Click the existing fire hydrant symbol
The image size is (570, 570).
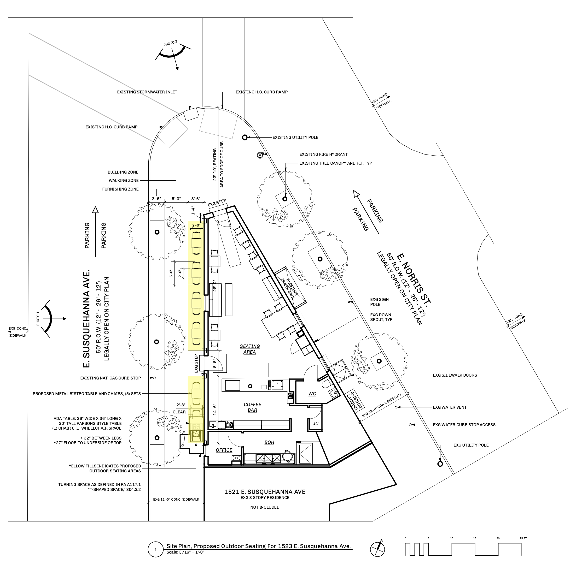click(260, 155)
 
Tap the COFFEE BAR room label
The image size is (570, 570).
click(253, 407)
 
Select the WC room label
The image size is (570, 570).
click(312, 394)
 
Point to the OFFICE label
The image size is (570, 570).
click(224, 450)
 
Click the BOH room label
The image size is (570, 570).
click(269, 442)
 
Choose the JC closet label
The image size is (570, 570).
click(315, 424)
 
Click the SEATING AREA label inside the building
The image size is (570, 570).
click(250, 349)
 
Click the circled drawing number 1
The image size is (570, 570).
click(156, 550)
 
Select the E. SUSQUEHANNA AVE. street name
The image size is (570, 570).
click(86, 319)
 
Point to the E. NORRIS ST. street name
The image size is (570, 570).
click(414, 278)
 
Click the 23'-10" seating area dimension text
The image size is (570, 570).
click(215, 164)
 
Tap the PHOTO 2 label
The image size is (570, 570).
click(170, 43)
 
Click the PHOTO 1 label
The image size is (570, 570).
click(38, 319)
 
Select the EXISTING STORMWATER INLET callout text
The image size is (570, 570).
click(147, 92)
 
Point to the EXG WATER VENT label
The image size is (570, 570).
click(450, 407)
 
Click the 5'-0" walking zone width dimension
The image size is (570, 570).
click(176, 199)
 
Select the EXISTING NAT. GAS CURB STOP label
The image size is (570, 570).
click(110, 378)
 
